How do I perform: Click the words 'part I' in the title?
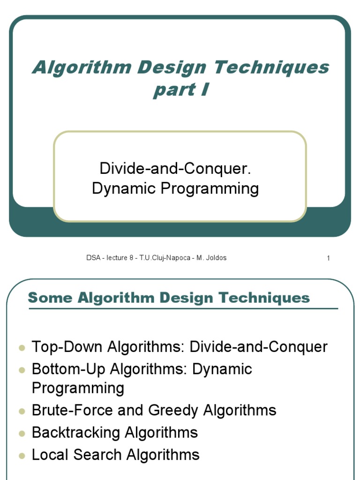tap(180, 90)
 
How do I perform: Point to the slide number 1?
tap(329, 258)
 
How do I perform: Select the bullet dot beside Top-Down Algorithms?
tap(22, 348)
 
